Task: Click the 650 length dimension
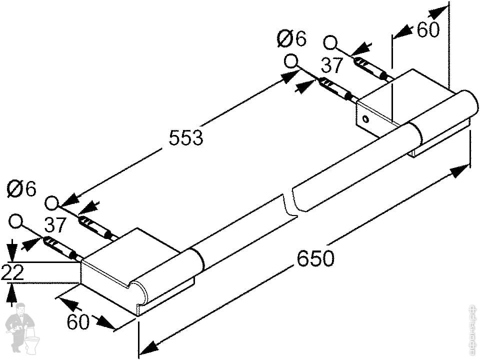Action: [315, 258]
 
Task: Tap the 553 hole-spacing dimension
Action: [186, 137]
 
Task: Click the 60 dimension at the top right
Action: [428, 30]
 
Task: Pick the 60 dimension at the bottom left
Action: [78, 322]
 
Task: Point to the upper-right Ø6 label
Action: [291, 38]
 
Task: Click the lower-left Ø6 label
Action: [22, 189]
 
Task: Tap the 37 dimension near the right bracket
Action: [332, 65]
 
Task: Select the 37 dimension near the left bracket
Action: [55, 225]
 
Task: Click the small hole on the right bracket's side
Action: [365, 119]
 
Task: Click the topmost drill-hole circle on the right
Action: [330, 43]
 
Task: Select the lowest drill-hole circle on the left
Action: [16, 221]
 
